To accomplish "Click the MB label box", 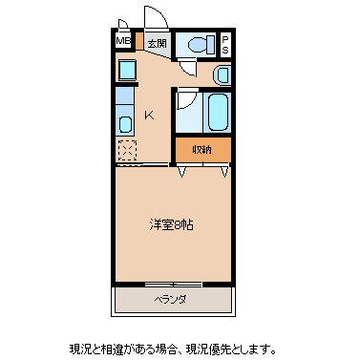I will pos(123,42).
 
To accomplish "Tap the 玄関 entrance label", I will pos(157,43).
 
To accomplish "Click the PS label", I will pos(225,44).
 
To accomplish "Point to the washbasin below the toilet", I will pos(222,74).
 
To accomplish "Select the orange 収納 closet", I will pos(202,149).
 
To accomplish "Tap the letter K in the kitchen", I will pos(149,116).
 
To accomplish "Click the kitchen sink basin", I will pos(125,123).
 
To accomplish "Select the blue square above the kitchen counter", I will pos(125,70).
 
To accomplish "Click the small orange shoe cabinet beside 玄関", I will pos(138,42).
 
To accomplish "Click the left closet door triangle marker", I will pos(182,172).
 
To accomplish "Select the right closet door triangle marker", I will pos(224,172).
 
